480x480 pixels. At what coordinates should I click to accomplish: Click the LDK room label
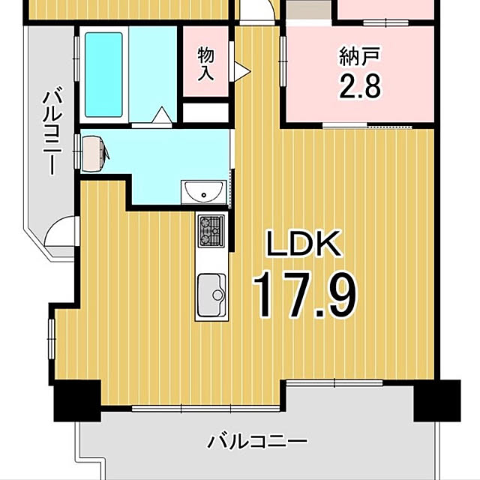tap(304, 243)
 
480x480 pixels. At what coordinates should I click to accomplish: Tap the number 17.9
tap(304, 295)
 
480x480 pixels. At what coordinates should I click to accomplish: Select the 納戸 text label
tap(360, 56)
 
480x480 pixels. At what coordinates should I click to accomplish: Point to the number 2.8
tap(360, 87)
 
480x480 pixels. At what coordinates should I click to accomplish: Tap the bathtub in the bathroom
tap(103, 75)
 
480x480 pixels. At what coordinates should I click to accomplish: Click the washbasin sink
tap(203, 192)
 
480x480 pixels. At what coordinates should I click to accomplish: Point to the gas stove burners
tap(211, 231)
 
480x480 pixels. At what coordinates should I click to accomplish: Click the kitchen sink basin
tap(211, 295)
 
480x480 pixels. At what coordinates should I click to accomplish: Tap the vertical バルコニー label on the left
tap(52, 130)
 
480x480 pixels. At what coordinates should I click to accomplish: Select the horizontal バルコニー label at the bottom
tap(257, 442)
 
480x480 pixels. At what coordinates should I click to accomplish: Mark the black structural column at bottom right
tap(437, 400)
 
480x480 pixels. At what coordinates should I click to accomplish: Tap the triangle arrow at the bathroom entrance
tap(160, 115)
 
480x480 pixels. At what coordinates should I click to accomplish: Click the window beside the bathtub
tap(76, 59)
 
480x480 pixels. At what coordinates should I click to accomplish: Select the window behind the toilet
tap(76, 151)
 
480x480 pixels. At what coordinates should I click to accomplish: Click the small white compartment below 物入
tap(205, 113)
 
